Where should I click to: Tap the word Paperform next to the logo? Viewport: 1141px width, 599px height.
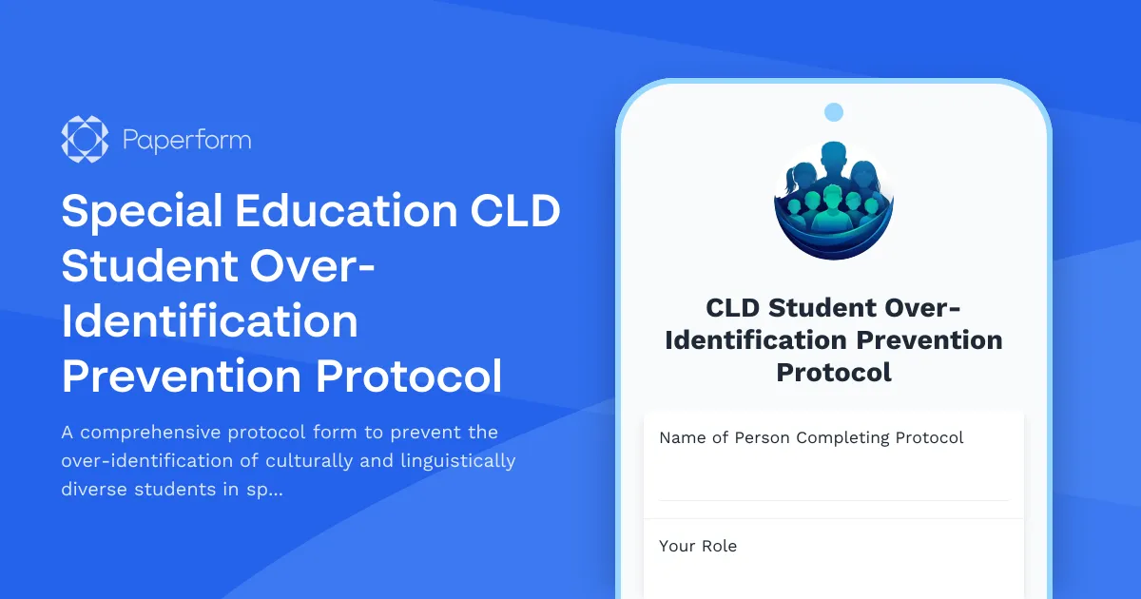click(186, 141)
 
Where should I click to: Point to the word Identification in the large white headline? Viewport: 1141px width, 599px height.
click(209, 321)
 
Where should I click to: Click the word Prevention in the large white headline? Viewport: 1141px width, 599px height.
click(181, 377)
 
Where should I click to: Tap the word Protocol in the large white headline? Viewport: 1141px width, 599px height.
click(409, 377)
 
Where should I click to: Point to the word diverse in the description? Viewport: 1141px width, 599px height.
click(97, 490)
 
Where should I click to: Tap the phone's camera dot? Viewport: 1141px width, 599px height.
click(834, 112)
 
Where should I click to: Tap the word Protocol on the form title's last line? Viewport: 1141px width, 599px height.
click(834, 372)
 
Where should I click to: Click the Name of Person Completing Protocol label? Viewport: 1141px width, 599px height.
click(811, 437)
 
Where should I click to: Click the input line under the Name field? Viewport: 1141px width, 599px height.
click(833, 499)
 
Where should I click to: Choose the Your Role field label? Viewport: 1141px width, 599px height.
click(698, 546)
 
